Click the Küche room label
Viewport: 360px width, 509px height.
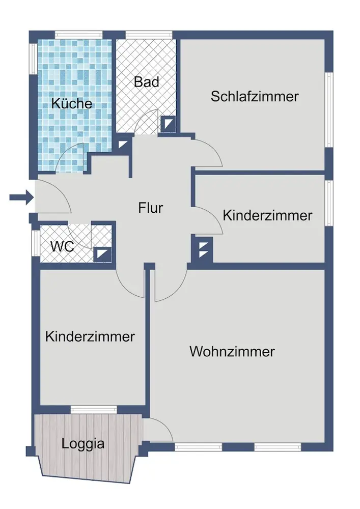[72, 103]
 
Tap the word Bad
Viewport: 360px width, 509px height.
[147, 82]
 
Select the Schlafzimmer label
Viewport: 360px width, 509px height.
[255, 96]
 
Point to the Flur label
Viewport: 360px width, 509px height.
[151, 208]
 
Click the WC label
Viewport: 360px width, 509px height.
[62, 247]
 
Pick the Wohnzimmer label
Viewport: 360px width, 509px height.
[232, 352]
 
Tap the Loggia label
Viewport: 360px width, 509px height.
[83, 443]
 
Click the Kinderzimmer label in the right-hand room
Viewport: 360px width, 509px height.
[267, 215]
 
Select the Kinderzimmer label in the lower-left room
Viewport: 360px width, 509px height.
[90, 336]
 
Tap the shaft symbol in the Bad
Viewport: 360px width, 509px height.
[168, 124]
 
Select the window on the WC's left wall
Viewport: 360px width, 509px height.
[35, 245]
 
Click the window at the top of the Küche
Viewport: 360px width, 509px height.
[76, 35]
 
